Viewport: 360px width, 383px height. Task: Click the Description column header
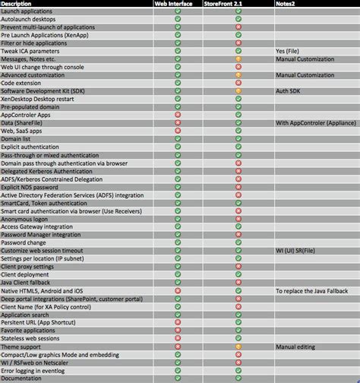[x=18, y=4]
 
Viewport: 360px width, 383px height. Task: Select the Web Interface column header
[x=176, y=4]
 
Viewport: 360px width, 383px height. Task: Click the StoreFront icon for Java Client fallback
[x=238, y=283]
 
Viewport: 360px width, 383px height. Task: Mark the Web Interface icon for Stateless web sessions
[x=176, y=338]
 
